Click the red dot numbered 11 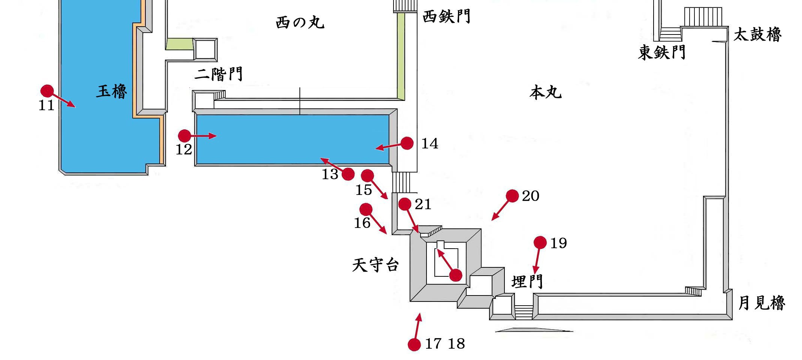pos(47,91)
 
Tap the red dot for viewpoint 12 pos(184,136)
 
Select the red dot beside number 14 pos(407,143)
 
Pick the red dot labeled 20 pos(512,196)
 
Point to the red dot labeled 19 pos(540,243)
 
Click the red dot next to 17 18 pos(414,344)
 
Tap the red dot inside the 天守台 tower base pos(455,275)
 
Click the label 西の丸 pos(300,22)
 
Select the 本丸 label pos(546,92)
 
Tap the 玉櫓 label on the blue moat pos(112,91)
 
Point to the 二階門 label pos(218,74)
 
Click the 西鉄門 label pos(446,16)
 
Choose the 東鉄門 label pos(662,52)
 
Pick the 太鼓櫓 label pos(757,34)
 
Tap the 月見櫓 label pos(762,303)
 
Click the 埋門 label pos(527,281)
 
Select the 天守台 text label pos(375,265)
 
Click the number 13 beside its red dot pos(330,174)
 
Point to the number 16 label pos(362,223)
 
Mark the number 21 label pos(423,204)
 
